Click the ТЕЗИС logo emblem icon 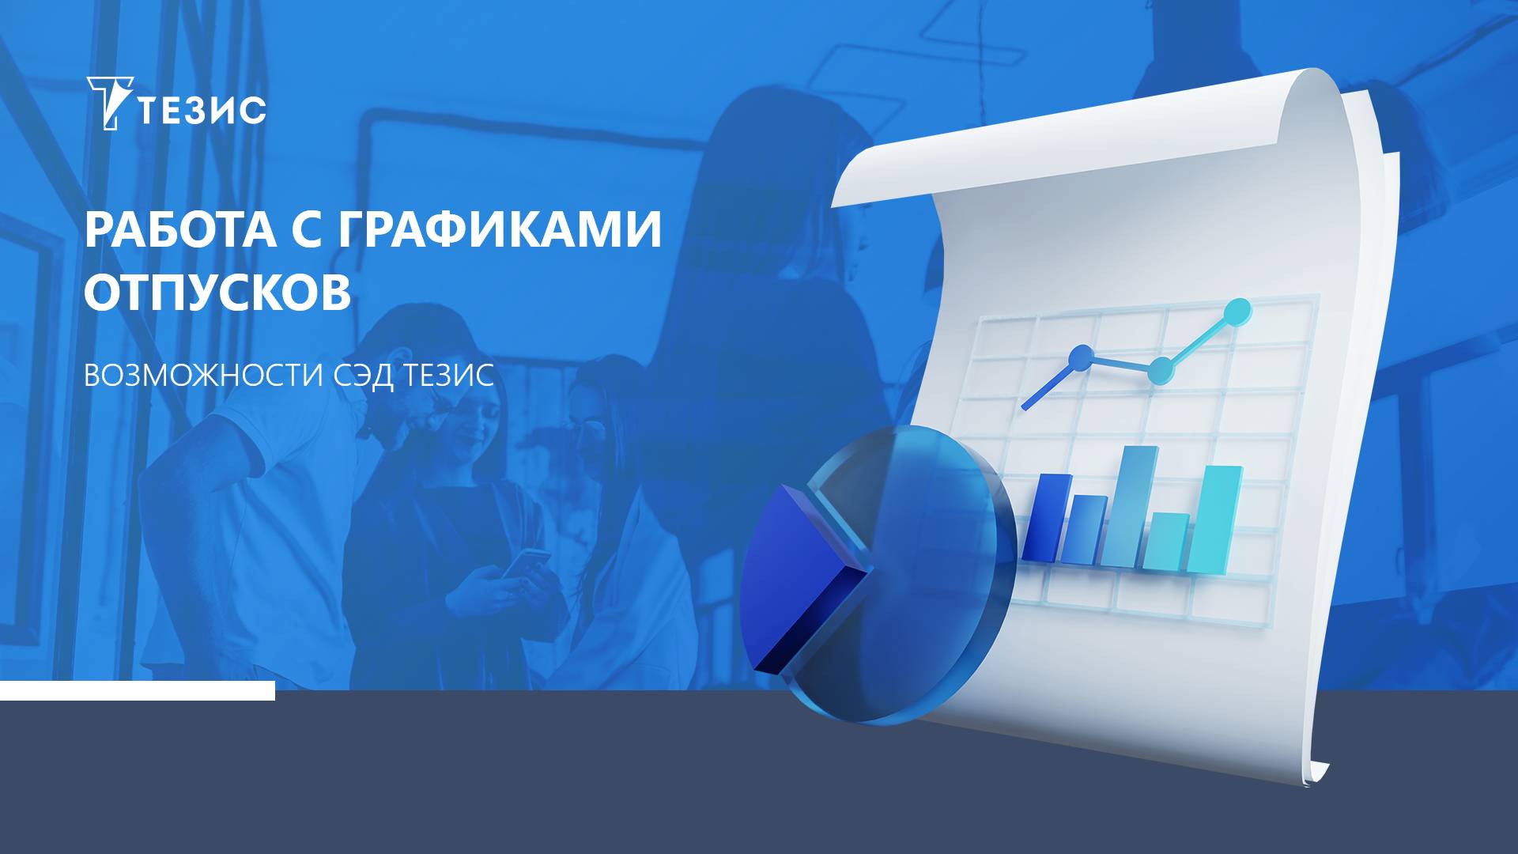108,103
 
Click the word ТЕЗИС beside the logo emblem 202,111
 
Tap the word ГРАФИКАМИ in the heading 500,230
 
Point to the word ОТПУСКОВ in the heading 217,293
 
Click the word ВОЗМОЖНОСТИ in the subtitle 203,376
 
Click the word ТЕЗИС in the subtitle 448,376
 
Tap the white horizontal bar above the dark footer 138,690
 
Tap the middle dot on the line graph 1160,369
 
